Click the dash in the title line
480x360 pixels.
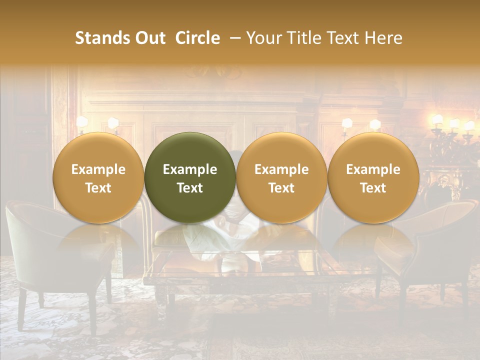pos(234,38)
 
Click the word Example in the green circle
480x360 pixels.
pos(190,169)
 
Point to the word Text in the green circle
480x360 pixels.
pos(190,188)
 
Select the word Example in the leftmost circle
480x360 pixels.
pos(98,169)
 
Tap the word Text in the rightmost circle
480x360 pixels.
pos(373,188)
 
